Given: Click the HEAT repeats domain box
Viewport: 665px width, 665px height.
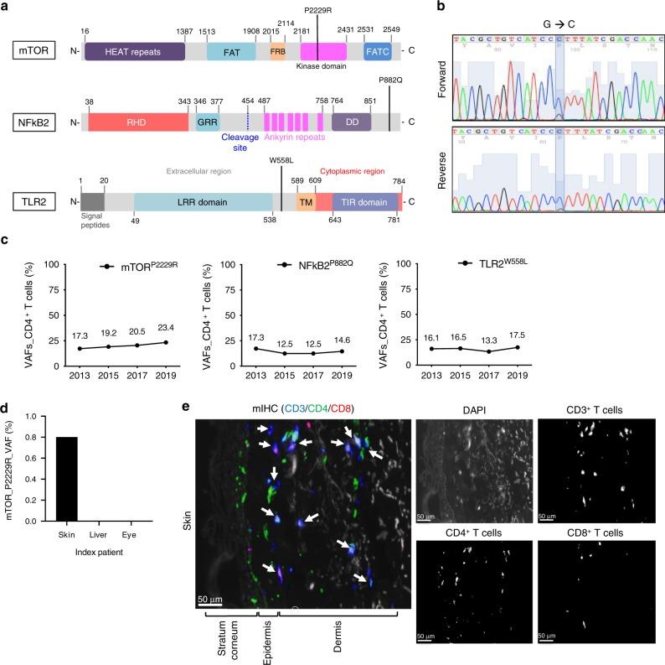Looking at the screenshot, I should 134,51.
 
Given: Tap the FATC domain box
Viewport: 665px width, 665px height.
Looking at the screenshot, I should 377,51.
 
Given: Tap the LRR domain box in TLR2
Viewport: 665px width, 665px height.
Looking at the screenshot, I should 202,202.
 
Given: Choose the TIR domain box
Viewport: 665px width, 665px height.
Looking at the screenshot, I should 365,202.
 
